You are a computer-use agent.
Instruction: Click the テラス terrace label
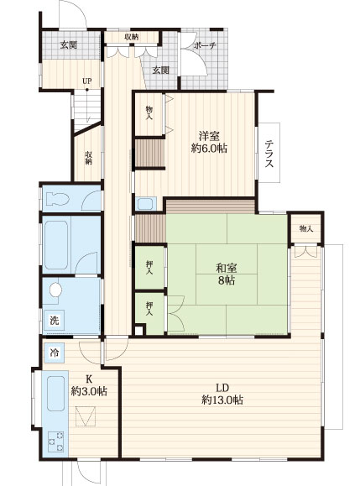269,154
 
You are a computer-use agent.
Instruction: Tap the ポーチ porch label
205,45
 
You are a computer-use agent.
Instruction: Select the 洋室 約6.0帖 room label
209,142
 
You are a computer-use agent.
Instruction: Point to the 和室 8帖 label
227,274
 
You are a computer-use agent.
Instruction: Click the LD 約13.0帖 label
222,394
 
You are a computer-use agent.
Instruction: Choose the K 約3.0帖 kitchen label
89,385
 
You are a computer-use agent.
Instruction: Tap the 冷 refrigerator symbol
55,353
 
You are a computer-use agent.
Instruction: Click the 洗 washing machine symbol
55,320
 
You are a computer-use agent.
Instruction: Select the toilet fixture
57,199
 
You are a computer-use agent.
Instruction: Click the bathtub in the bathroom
56,245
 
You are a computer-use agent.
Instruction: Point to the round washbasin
55,290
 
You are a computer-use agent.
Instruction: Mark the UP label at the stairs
87,81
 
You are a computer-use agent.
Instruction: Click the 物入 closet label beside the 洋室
149,112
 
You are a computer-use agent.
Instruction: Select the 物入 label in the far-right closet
306,229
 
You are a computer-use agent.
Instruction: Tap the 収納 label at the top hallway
132,37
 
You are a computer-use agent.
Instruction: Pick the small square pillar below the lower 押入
139,330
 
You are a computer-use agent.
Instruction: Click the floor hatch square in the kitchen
86,416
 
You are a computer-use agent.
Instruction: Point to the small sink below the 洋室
145,204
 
